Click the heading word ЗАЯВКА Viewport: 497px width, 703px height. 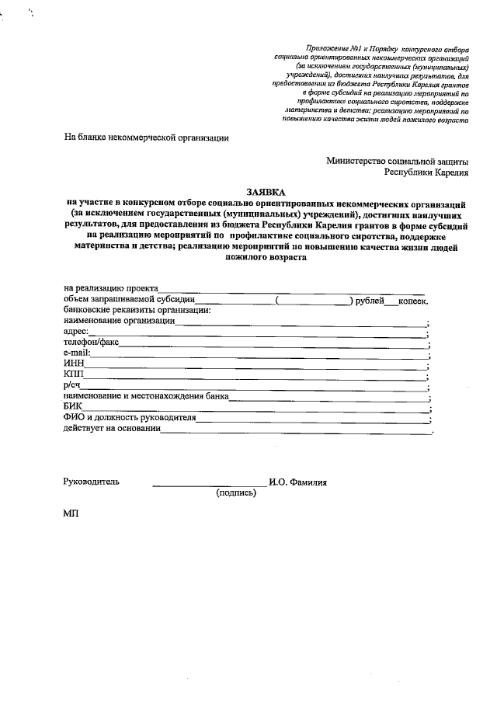tap(266, 191)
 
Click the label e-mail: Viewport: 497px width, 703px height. tap(77, 352)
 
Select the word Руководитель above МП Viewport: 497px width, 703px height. tap(92, 482)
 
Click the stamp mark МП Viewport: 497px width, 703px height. tap(71, 514)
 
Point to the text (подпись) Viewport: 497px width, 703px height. tap(236, 492)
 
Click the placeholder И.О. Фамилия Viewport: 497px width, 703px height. tap(298, 482)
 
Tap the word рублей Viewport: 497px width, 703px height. tap(370, 299)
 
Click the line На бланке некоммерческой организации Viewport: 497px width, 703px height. tap(146, 138)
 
